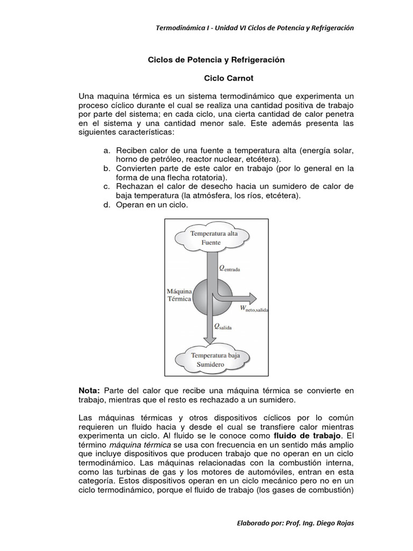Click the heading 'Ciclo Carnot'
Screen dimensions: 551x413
tap(216, 78)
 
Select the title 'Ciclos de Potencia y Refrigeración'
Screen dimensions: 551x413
tap(216, 60)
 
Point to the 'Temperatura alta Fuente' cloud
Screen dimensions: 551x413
tap(211, 238)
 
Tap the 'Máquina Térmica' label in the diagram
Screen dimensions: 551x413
tap(179, 294)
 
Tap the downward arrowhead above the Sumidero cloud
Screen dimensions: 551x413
tap(210, 338)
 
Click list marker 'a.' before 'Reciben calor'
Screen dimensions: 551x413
tap(107, 150)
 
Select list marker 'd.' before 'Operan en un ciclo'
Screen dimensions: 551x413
tap(107, 205)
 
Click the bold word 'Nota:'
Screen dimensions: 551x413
tap(89, 390)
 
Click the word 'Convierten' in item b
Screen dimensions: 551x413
tap(135, 168)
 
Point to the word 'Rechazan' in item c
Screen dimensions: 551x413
tap(134, 187)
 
